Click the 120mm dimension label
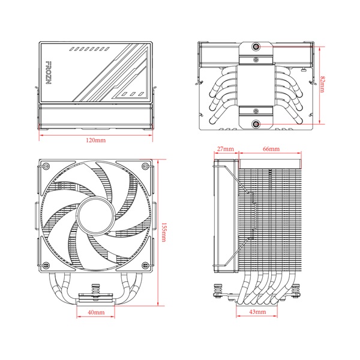click(96, 140)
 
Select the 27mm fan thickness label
click(226, 148)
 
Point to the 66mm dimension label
click(270, 148)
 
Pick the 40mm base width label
click(96, 313)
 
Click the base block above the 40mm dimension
click(96, 296)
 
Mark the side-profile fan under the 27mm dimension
click(226, 216)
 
